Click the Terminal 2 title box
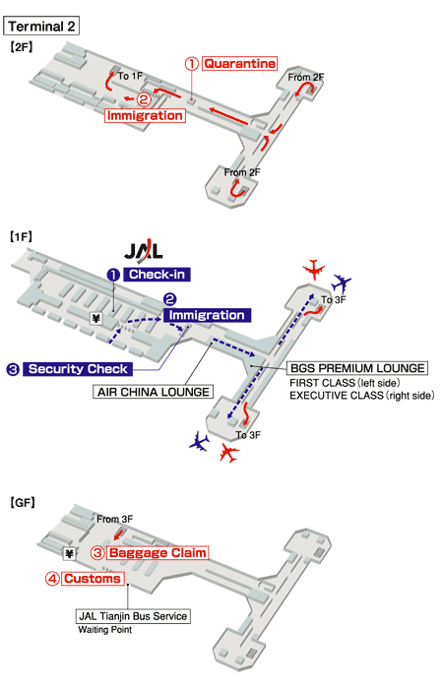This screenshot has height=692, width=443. pos(42,25)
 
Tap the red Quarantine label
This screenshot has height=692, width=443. pos(239,64)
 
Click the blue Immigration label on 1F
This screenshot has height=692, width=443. pos(207,315)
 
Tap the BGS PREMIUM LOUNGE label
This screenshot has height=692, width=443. pos(357,367)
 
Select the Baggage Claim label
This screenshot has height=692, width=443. pos(158,553)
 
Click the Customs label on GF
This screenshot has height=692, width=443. pos(92,579)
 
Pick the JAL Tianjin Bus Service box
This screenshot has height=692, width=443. pos(132,616)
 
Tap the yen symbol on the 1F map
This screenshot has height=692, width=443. pos(96,318)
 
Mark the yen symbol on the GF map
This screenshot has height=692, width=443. pos(69,552)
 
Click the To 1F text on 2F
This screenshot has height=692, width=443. pos(131,76)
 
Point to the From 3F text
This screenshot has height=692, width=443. pos(115,519)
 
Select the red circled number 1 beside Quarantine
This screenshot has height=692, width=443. pos(192,63)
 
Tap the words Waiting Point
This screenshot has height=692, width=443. pos(104,630)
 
